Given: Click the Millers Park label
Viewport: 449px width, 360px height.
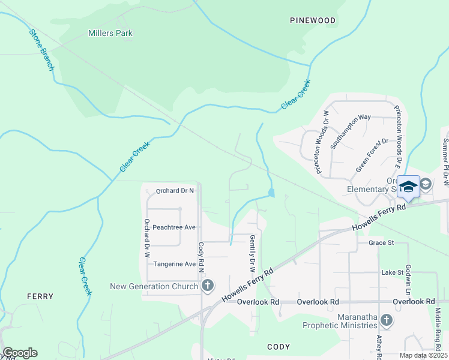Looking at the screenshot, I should (110, 34).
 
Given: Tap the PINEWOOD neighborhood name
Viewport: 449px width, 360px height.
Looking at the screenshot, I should (313, 20).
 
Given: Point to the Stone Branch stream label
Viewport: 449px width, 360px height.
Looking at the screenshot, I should (41, 49).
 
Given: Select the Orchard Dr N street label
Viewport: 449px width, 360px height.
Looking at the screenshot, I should (175, 191).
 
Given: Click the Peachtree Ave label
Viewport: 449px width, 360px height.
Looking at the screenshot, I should (174, 227).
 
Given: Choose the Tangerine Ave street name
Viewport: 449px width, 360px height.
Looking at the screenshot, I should (175, 264).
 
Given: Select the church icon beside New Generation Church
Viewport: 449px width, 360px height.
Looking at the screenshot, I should (207, 286).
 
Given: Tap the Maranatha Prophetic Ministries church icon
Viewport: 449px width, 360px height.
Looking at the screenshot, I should (386, 320).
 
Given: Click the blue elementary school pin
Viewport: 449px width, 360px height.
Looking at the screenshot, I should (408, 187).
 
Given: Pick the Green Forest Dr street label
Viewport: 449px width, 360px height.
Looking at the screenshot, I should (372, 155).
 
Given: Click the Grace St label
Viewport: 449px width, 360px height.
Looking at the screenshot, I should (381, 243).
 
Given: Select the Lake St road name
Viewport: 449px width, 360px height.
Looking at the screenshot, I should (392, 272).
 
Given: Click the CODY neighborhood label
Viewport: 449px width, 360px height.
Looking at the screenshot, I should (279, 347).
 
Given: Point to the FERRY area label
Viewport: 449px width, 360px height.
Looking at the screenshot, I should (40, 296).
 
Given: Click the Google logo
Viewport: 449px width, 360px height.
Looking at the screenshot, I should (20, 353).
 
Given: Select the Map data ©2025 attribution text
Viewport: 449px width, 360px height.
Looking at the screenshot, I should (423, 355).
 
